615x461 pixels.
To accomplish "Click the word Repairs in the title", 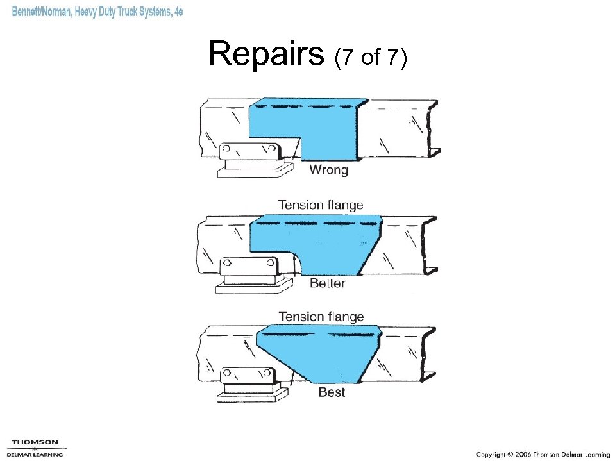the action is tap(266, 54).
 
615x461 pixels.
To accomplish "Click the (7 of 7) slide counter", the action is tap(370, 58).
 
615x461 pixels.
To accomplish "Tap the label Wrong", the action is tap(328, 170).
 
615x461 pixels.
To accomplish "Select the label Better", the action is tap(327, 283).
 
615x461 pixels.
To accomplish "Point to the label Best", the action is tap(332, 392).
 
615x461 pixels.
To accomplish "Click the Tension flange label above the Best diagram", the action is tap(321, 317).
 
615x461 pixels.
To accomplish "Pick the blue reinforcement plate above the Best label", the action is tap(321, 353).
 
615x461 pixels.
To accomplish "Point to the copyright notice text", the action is tap(543, 454).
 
